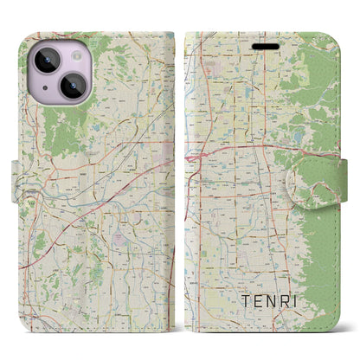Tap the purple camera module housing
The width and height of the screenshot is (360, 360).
tap(59, 74)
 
